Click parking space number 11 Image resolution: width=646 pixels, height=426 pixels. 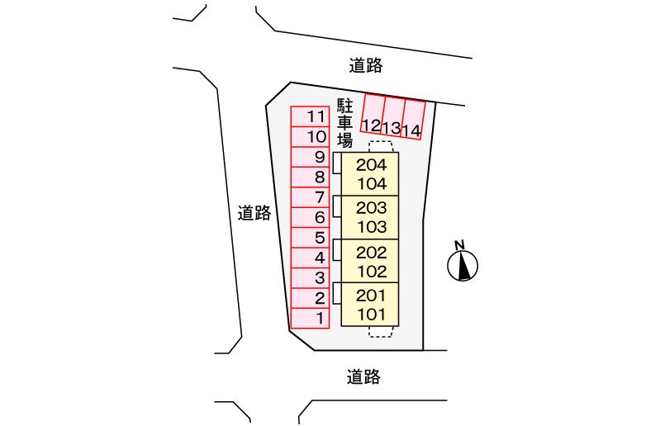pyautogui.click(x=311, y=116)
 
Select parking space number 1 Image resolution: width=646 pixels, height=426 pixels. pyautogui.click(x=311, y=318)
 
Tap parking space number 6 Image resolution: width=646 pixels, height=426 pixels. pyautogui.click(x=311, y=217)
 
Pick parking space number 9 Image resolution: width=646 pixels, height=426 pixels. pyautogui.click(x=311, y=157)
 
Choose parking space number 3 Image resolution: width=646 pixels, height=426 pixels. pyautogui.click(x=311, y=277)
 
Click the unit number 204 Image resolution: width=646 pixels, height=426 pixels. pyautogui.click(x=371, y=164)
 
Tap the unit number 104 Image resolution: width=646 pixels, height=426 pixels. pyautogui.click(x=371, y=183)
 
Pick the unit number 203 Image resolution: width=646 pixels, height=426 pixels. pyautogui.click(x=371, y=207)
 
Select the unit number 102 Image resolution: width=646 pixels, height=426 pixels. pyautogui.click(x=371, y=270)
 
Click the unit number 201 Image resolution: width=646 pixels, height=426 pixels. pyautogui.click(x=371, y=295)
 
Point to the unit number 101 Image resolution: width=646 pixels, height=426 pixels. pyautogui.click(x=371, y=314)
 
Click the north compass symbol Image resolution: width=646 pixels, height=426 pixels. pyautogui.click(x=463, y=263)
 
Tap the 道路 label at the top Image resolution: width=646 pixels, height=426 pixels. pyautogui.click(x=365, y=64)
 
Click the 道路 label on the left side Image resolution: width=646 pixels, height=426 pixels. pyautogui.click(x=254, y=213)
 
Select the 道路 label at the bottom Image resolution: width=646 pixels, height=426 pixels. pyautogui.click(x=363, y=377)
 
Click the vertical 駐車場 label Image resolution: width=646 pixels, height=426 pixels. pyautogui.click(x=345, y=122)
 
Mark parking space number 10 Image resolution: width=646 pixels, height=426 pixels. pyautogui.click(x=311, y=136)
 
